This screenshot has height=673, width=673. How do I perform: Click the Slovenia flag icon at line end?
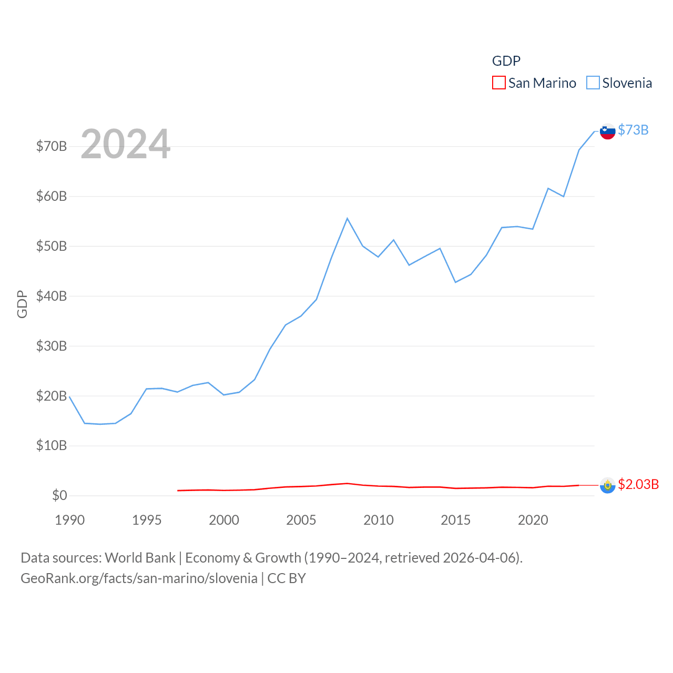click(607, 131)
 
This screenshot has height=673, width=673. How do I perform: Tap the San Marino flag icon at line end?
click(607, 485)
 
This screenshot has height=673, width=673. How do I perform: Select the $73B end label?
click(633, 130)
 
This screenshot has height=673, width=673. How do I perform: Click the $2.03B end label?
click(638, 484)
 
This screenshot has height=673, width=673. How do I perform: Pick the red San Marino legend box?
click(498, 83)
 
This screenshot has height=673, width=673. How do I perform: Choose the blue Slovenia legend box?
click(593, 83)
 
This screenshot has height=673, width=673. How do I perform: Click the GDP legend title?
click(506, 61)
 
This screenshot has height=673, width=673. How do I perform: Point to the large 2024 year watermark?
click(125, 144)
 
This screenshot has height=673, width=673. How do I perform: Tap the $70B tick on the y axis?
click(52, 146)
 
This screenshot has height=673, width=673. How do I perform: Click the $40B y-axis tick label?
click(52, 296)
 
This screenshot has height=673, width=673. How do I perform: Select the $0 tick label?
click(59, 495)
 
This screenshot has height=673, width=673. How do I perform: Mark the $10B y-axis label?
click(52, 446)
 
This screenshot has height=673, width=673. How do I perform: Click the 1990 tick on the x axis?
click(70, 520)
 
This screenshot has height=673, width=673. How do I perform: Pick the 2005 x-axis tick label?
click(301, 520)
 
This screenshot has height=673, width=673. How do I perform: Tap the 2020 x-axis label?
click(533, 520)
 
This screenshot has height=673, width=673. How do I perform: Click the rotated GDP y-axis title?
click(22, 304)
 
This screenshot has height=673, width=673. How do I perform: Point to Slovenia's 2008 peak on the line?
click(347, 218)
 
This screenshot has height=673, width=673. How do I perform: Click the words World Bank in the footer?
click(140, 557)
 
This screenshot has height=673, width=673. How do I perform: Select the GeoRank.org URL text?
click(139, 578)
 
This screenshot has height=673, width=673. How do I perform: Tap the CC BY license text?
click(287, 578)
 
